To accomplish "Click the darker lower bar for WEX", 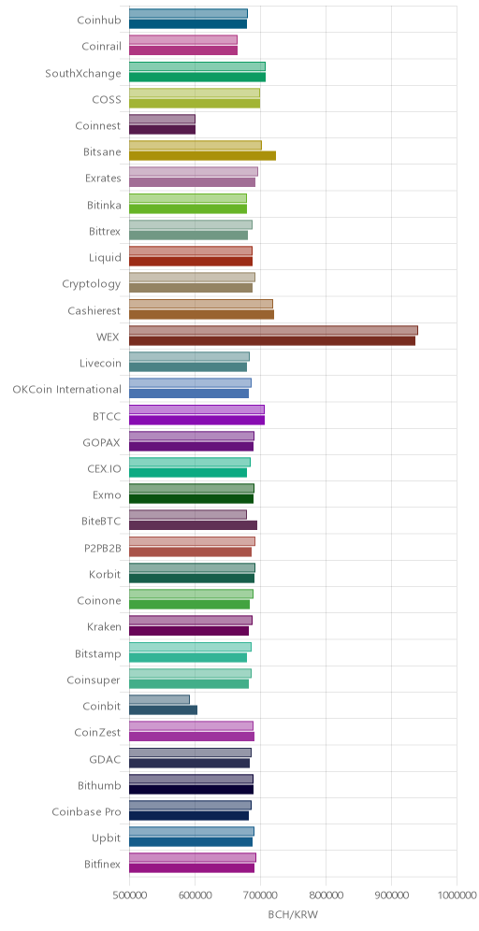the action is [x=272, y=341].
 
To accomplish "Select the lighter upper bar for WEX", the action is [x=273, y=330].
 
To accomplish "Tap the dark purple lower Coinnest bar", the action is [x=162, y=129].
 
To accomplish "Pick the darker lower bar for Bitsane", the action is [x=203, y=156].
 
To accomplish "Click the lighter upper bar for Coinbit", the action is [x=159, y=699].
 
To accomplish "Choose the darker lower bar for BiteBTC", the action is [x=193, y=525].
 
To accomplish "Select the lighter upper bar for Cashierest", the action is [x=201, y=304].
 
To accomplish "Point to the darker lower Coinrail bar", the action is [x=183, y=50].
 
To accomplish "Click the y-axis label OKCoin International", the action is [x=66, y=390].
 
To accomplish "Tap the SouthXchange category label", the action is [x=83, y=74].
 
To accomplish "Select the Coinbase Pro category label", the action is [x=86, y=811].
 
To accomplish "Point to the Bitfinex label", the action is [x=103, y=865].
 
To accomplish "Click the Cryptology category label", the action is [x=92, y=284].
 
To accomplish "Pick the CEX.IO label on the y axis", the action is [x=104, y=469].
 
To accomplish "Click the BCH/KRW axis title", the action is [x=294, y=915].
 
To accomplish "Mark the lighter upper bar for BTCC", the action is [x=196, y=409].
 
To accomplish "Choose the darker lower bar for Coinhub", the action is [x=188, y=24].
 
